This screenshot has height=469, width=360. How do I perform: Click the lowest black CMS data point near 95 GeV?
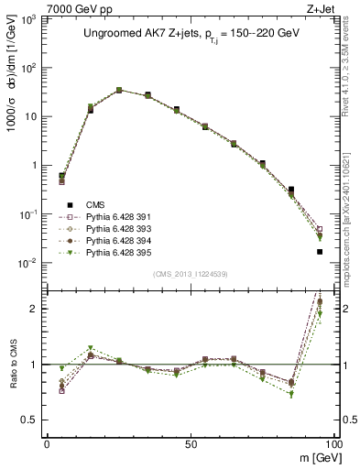point(319,251)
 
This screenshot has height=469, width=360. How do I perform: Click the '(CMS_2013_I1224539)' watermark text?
point(191,273)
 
